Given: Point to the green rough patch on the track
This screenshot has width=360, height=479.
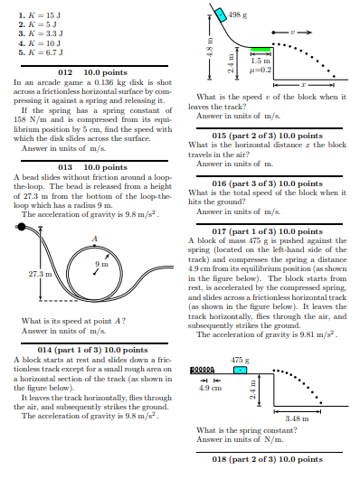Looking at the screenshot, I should click(261, 52).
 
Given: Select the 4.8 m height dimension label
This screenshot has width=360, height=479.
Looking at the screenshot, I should click(207, 51).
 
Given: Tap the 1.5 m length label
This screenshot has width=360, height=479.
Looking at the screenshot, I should click(261, 61).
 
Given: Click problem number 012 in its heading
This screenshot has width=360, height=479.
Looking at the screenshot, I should click(64, 70).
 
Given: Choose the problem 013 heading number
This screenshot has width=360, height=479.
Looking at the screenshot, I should click(64, 167).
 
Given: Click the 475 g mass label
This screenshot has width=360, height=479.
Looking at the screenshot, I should click(239, 360).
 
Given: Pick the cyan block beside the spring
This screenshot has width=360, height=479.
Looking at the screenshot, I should click(240, 371).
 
